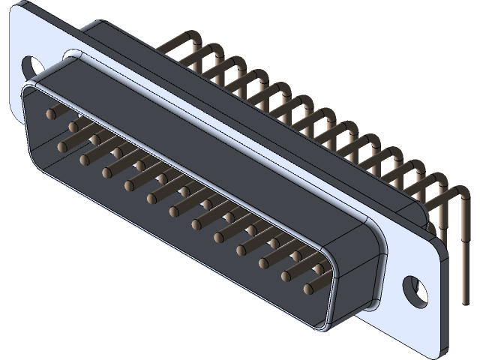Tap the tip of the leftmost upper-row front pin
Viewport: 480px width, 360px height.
[x=50, y=114]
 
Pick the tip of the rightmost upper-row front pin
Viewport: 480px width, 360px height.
[x=321, y=268]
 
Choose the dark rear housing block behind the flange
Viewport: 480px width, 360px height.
[x=225, y=82]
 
